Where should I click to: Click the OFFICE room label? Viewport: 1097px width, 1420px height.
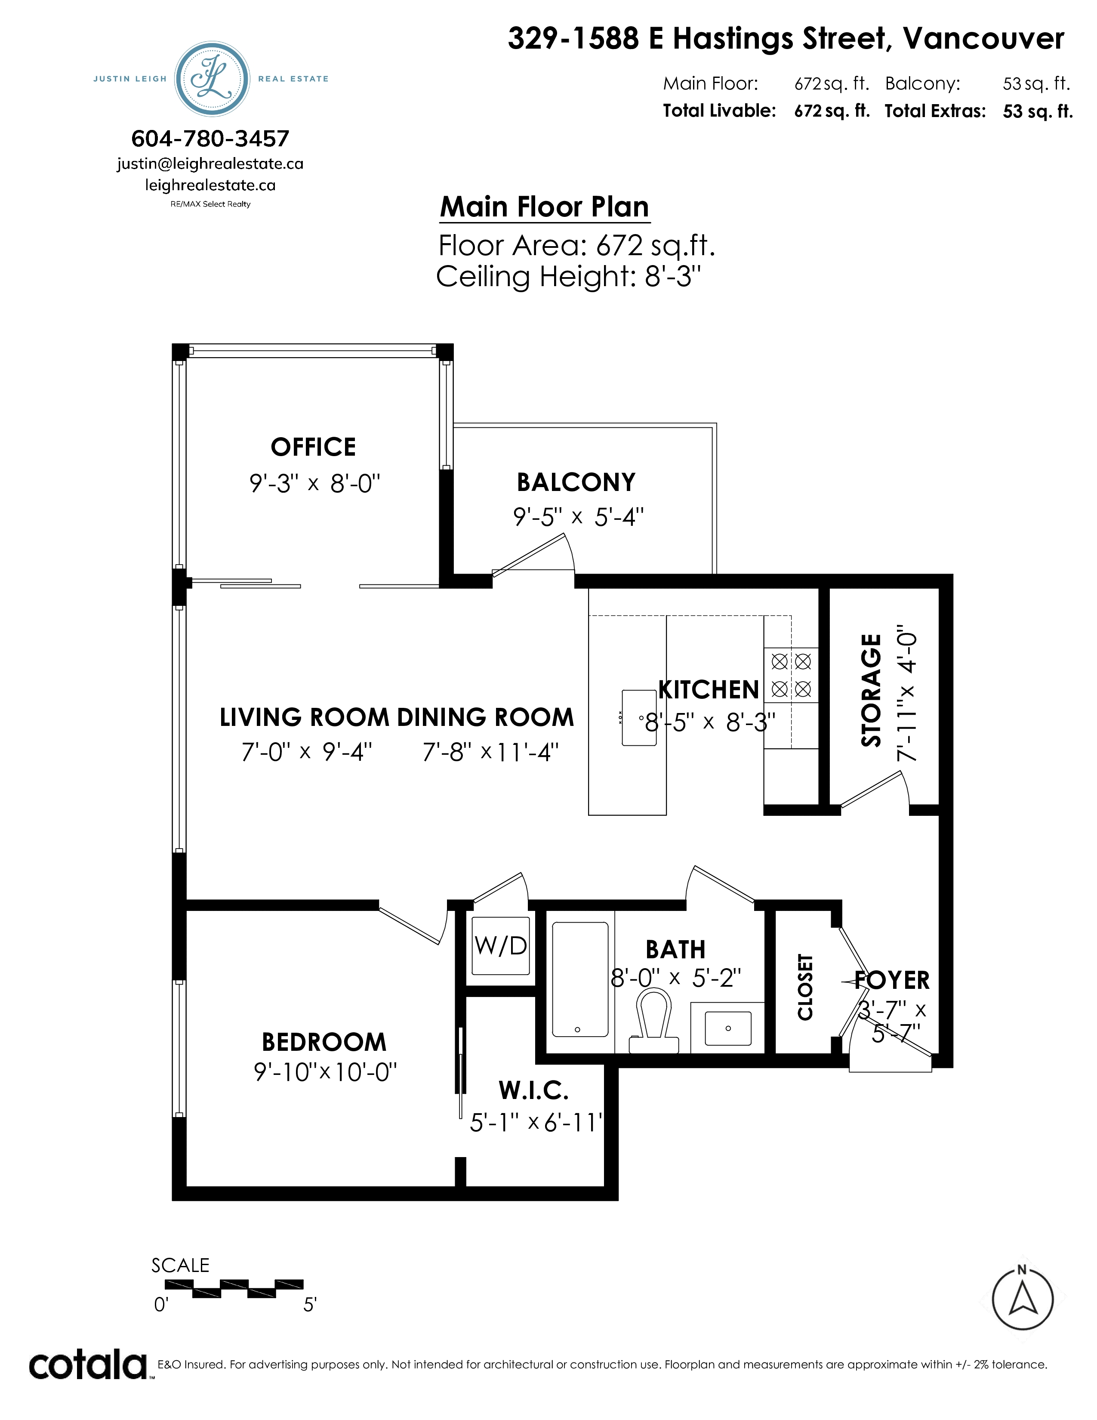coord(313,448)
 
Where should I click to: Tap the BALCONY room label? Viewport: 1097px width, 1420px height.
coord(576,482)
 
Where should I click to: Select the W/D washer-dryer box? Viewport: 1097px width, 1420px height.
coord(500,945)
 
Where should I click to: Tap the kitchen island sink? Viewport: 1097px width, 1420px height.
coord(639,718)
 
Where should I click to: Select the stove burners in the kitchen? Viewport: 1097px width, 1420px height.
coord(791,675)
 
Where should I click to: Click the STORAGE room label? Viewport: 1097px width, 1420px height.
coord(871,691)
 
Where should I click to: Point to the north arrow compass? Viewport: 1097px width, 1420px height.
coord(1022,1300)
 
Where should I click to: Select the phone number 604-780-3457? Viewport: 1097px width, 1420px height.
coord(210,139)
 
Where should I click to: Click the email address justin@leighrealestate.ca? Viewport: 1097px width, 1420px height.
coord(210,164)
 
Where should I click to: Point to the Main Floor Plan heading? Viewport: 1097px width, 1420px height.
coord(545,207)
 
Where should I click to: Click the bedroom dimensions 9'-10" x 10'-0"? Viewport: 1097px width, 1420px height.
coord(325,1072)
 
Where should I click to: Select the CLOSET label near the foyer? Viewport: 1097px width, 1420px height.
coord(805,987)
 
